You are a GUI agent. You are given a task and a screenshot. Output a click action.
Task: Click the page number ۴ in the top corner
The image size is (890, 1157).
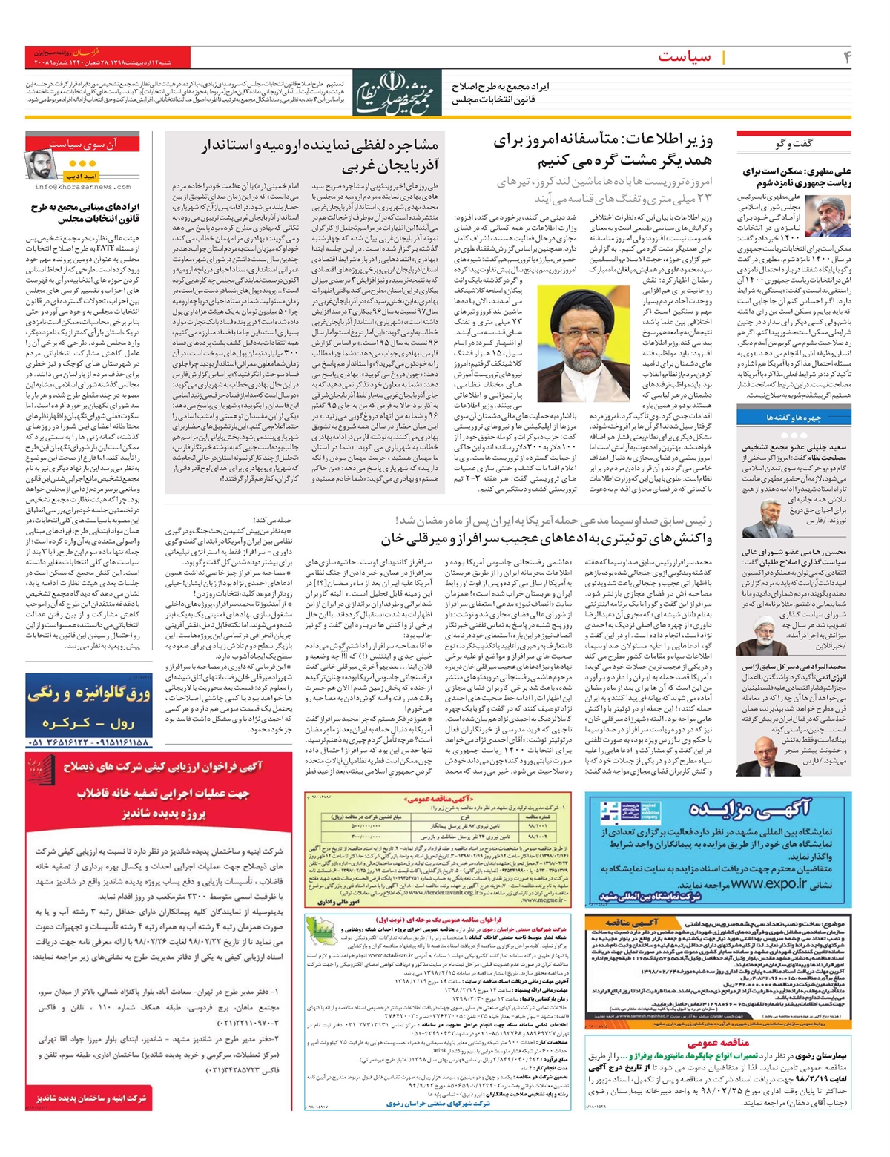(846, 57)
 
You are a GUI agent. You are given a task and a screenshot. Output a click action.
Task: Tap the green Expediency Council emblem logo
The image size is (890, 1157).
(397, 93)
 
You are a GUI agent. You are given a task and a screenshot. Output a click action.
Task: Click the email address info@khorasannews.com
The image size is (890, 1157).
(82, 187)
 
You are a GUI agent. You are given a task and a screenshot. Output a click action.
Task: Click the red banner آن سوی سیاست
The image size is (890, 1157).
(82, 143)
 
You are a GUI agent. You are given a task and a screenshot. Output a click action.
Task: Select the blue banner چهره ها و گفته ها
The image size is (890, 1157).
(794, 418)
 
